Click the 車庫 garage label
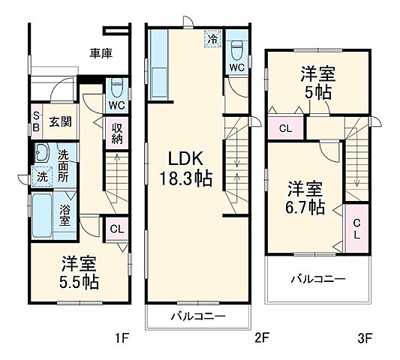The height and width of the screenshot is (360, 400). (x=101, y=53)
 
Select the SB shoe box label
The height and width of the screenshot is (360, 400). (x=35, y=121)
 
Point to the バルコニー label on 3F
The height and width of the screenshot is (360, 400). (x=318, y=279)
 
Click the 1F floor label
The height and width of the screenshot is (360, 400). (x=119, y=338)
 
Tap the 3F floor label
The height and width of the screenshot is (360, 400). (x=365, y=338)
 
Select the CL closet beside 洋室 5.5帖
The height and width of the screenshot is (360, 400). (x=116, y=229)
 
